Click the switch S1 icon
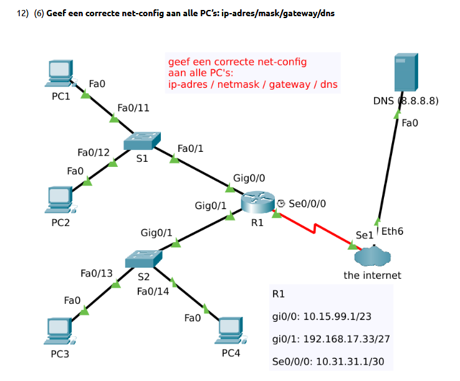(x=142, y=142)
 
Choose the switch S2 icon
(x=143, y=258)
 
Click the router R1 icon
(x=258, y=202)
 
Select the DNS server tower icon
(x=406, y=74)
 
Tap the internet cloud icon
(x=372, y=256)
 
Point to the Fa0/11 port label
(x=133, y=108)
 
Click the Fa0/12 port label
(x=93, y=153)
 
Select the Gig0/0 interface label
(x=249, y=179)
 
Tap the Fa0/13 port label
(x=97, y=273)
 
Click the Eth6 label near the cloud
(x=392, y=232)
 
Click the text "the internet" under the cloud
(x=372, y=275)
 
